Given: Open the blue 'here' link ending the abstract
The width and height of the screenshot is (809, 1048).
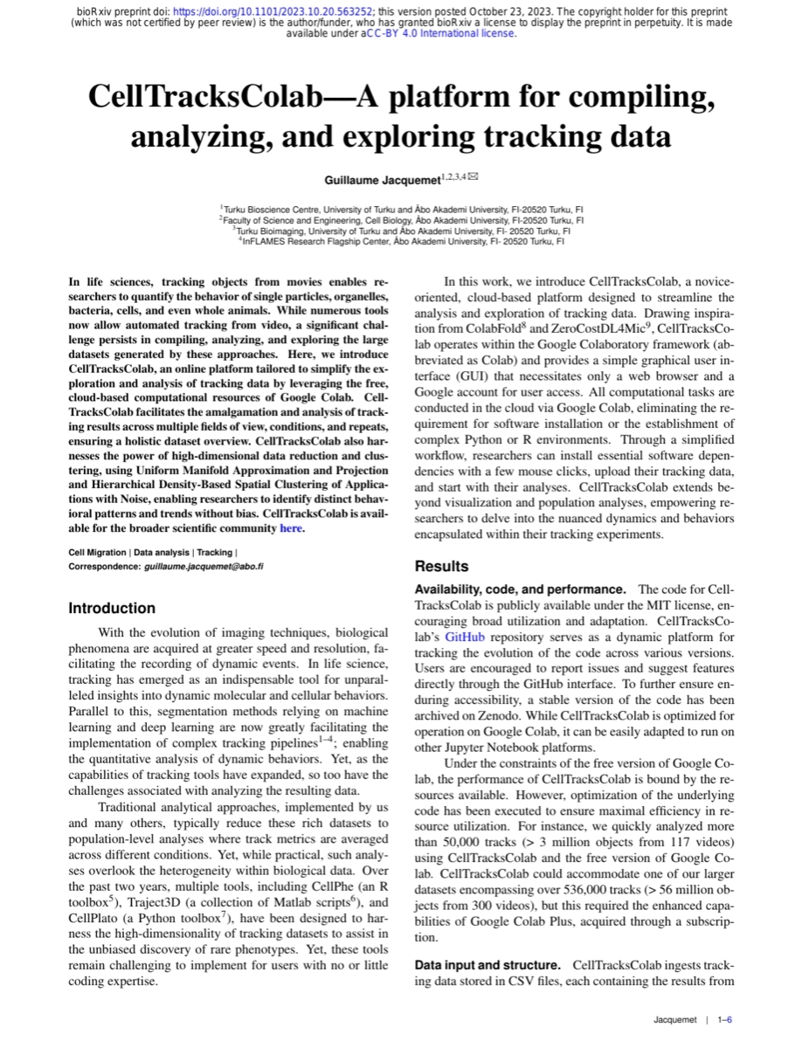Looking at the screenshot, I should pos(290,527).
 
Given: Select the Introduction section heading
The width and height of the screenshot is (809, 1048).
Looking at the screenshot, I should pos(112,608).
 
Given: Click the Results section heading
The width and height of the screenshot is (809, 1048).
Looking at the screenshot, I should pos(441,566).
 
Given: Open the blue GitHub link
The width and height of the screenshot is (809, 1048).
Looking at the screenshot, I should pos(464,637).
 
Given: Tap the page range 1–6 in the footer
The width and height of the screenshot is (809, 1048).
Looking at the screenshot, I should pos(724,1020).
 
